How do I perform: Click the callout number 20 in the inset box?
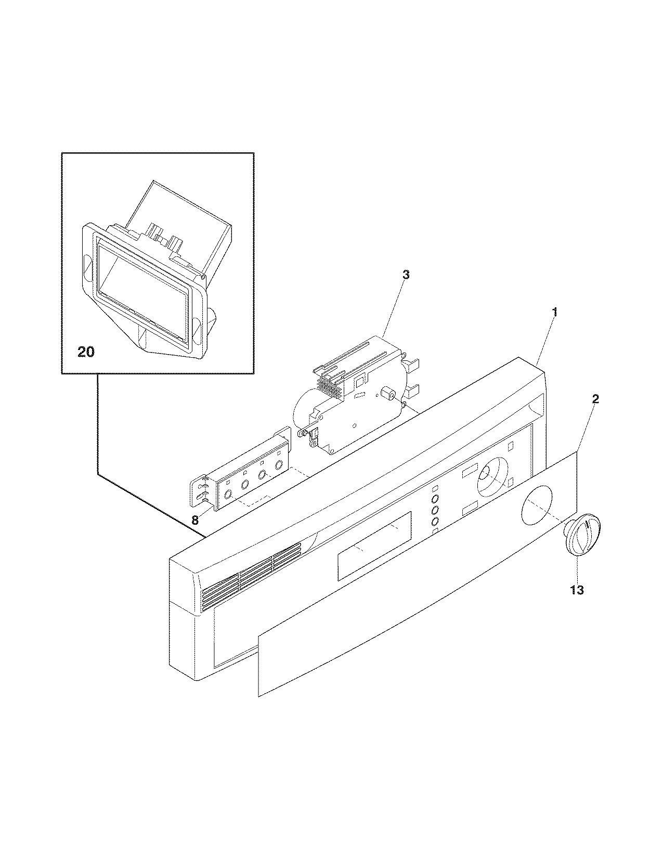pyautogui.click(x=86, y=352)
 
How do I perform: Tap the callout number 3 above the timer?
pyautogui.click(x=406, y=275)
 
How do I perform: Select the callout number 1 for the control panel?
pyautogui.click(x=555, y=313)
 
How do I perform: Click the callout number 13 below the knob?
pyautogui.click(x=577, y=590)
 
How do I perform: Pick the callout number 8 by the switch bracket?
pyautogui.click(x=195, y=519)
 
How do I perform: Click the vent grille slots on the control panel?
pyautogui.click(x=250, y=577)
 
